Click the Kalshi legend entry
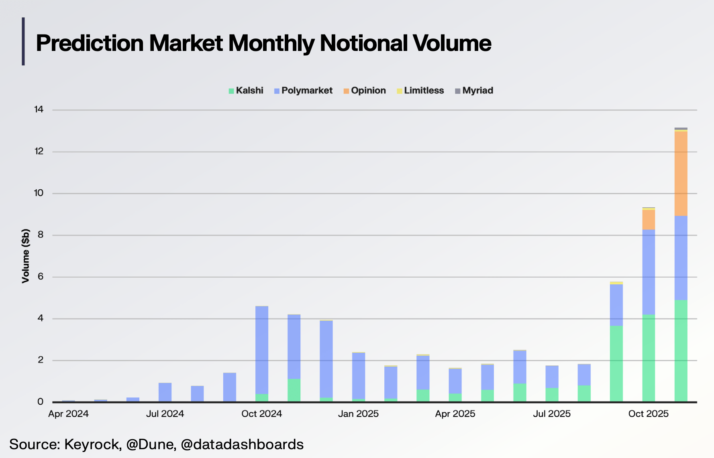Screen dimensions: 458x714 [x=246, y=91]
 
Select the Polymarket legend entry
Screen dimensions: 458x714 [x=303, y=91]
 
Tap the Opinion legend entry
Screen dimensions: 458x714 [x=365, y=91]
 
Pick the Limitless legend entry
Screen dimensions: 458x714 [x=420, y=91]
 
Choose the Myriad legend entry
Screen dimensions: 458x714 [x=474, y=91]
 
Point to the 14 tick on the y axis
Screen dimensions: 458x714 [x=39, y=109]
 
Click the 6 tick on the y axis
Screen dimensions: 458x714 [x=40, y=277]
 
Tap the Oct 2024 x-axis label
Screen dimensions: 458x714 [x=261, y=414]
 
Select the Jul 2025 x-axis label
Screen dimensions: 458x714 [x=551, y=414]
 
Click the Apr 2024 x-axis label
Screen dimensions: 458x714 [x=68, y=414]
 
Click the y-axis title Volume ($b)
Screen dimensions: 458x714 [x=26, y=256]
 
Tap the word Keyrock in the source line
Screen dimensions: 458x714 [x=92, y=444]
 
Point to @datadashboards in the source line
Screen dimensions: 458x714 [x=242, y=444]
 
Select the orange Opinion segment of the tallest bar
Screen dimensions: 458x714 [x=681, y=174]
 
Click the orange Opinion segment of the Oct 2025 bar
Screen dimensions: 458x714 [x=649, y=220]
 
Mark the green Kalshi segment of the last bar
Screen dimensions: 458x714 [x=681, y=351]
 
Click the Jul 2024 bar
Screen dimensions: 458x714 [x=165, y=392]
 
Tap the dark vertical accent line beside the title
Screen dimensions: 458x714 [x=23, y=41]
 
